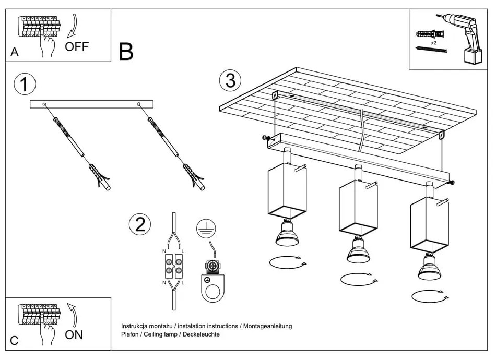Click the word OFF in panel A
point(77,47)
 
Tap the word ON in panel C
point(74,335)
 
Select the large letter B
point(126,52)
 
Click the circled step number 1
point(25,85)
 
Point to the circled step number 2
point(139,224)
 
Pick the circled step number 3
point(230,80)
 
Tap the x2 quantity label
point(434,42)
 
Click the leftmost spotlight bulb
point(287,235)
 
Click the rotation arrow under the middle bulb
point(358,279)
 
